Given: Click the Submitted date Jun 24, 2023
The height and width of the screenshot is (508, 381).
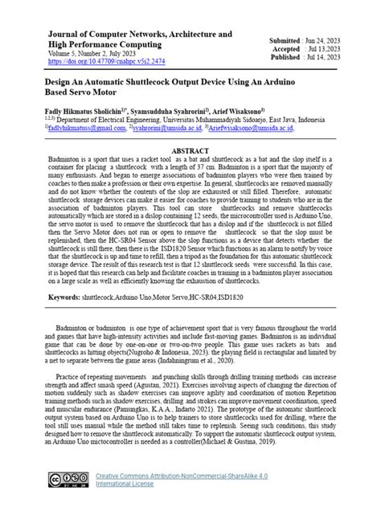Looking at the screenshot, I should (317, 40).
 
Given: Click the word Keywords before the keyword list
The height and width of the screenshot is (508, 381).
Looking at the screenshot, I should (63, 297).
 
